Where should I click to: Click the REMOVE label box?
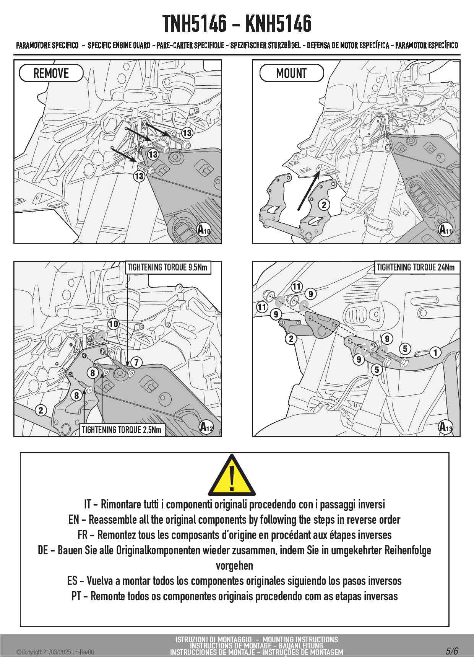tap(51, 73)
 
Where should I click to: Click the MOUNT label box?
tap(291, 73)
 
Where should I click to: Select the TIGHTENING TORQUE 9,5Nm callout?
tap(168, 267)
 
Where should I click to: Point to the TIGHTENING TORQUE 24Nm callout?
tap(416, 267)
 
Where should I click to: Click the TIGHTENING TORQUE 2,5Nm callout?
tap(122, 430)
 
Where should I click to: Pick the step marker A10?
tap(204, 230)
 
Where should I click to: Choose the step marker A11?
tap(445, 230)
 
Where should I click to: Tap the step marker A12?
tap(206, 427)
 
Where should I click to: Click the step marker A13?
tap(445, 427)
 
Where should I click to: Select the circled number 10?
tap(114, 324)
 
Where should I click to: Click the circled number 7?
tap(136, 362)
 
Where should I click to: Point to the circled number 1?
tap(435, 352)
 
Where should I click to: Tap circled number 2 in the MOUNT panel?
tap(324, 205)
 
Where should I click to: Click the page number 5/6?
tap(452, 651)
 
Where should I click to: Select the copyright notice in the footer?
tap(55, 652)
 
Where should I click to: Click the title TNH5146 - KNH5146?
tap(237, 24)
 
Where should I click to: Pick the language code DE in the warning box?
tap(43, 550)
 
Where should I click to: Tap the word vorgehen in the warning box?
tap(234, 566)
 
